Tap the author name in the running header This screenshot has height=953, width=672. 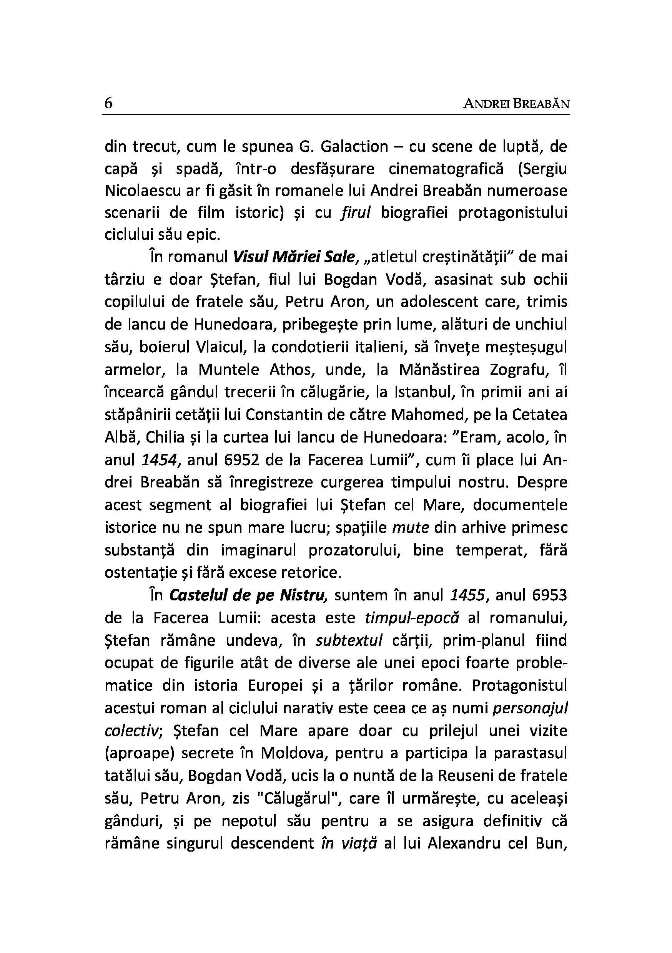tap(516, 104)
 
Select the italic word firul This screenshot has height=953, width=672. tap(355, 213)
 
